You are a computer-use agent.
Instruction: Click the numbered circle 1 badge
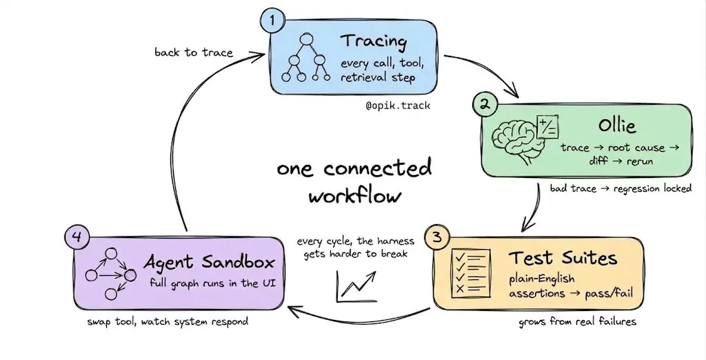coord(272,20)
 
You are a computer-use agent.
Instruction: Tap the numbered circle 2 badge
coord(485,105)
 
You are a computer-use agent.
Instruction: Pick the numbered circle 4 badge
coord(77,237)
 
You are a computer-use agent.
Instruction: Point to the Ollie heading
coord(617,125)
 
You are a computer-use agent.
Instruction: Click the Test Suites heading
coord(563,258)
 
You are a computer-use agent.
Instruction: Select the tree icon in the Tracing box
coord(306,58)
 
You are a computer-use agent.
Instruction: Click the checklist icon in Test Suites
coord(471,272)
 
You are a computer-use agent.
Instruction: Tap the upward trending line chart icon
coord(356,287)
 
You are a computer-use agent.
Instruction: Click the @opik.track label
coord(398,106)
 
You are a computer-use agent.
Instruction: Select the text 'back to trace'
coord(194,52)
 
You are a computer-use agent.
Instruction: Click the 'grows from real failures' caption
coord(578,321)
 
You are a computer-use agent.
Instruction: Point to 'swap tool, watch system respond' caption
coord(168,321)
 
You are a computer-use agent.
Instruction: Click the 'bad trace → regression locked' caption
coord(621,188)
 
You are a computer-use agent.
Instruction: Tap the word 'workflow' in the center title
coord(355,197)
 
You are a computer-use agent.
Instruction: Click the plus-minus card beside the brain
coord(548,128)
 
